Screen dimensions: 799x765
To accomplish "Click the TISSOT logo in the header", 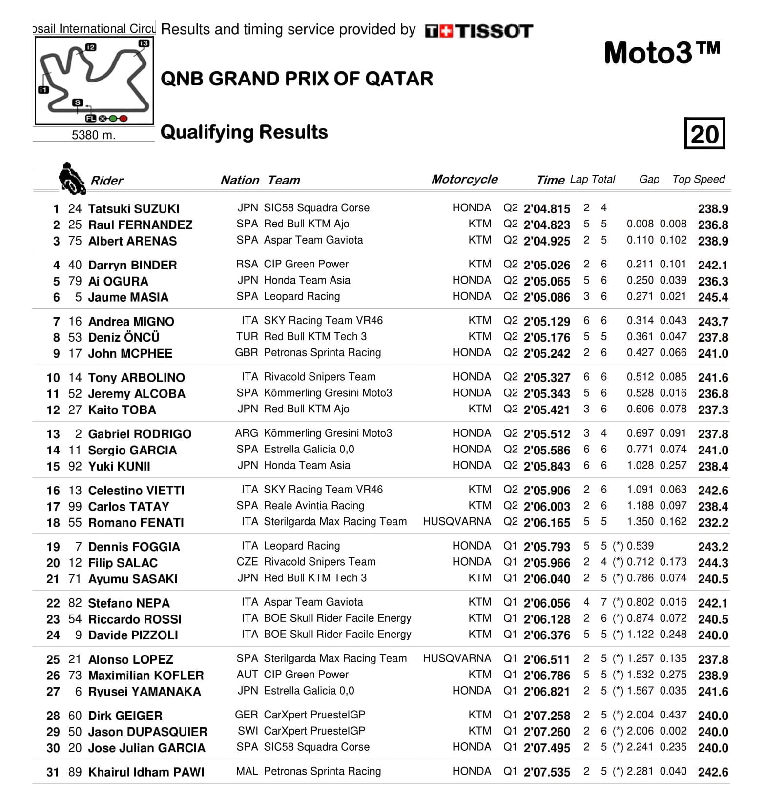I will pos(479,31).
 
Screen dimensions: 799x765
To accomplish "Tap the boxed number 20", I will pos(704,134).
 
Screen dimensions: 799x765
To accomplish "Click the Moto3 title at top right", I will pos(662,53).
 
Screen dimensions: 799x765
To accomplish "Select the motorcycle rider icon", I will pos(72,179).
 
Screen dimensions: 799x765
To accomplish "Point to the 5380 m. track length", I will pos(93,135).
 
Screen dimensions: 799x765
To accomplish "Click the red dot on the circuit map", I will pos(124,118).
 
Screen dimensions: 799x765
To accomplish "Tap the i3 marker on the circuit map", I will pos(144,43).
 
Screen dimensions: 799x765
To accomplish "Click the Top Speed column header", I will pos(698,179).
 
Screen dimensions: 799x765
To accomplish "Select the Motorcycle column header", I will pos(464,179).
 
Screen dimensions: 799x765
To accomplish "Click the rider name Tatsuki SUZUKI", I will pos(133,209).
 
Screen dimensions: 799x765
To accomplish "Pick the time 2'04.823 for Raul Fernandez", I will pos(546,225).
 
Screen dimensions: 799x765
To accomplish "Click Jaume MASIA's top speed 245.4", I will pos(713,297).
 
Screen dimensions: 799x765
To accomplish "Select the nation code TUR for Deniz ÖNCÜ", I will pos(247,337).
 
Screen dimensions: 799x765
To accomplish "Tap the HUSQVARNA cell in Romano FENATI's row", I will pos(456,522).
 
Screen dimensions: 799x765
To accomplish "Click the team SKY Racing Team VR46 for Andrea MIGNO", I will pos(323,321).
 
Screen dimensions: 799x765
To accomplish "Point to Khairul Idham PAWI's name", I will pos(146,772).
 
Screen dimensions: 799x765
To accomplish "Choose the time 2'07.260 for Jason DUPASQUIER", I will pos(546,732).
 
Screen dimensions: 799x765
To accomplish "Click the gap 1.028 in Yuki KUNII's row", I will pos(640,466).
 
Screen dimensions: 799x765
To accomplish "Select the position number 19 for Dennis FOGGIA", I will pos(53,547).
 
